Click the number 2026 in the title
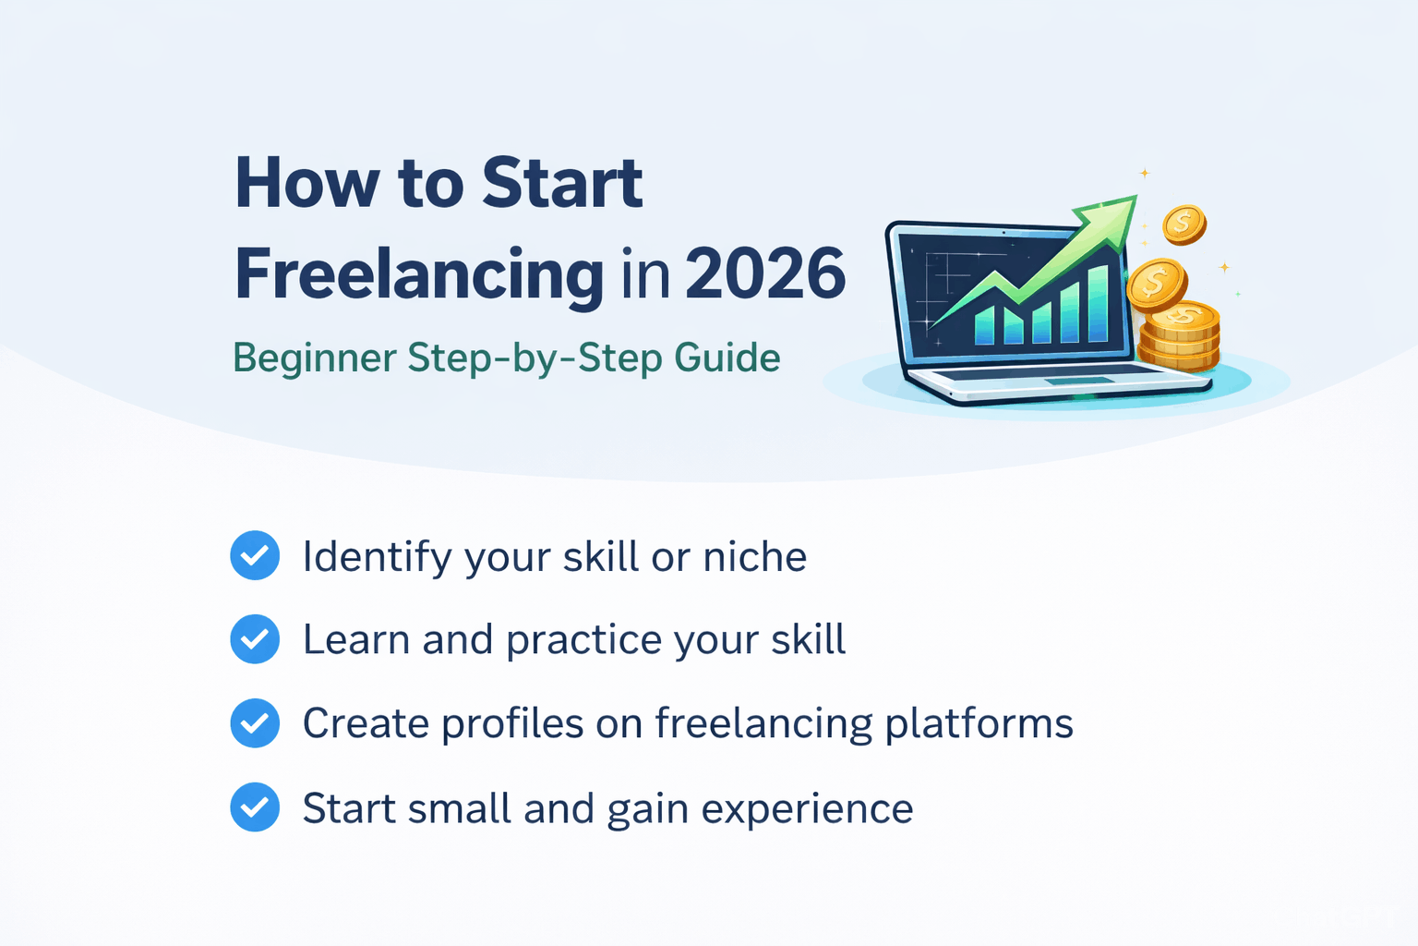765,274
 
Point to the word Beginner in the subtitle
315,358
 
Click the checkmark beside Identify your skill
255,555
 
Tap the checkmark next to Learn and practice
255,639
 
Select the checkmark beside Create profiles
255,722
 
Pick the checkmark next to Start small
255,807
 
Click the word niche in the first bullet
754,557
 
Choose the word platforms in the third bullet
979,723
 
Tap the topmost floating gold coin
1184,224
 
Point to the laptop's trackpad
1078,381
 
